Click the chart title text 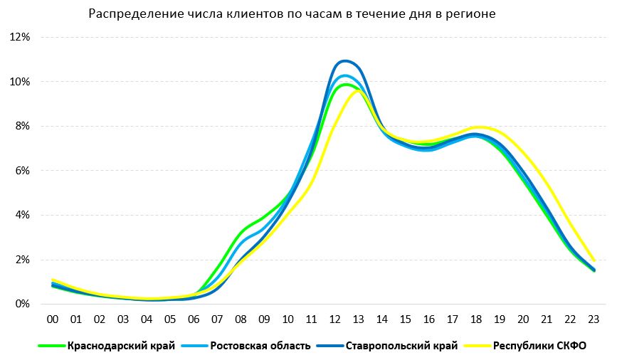click(x=292, y=14)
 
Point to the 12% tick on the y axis click(x=20, y=37)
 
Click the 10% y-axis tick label click(x=20, y=82)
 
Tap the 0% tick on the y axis click(x=23, y=304)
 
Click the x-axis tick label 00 click(x=52, y=319)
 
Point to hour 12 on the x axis click(x=334, y=319)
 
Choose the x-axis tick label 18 click(x=475, y=319)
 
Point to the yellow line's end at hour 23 click(x=594, y=260)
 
